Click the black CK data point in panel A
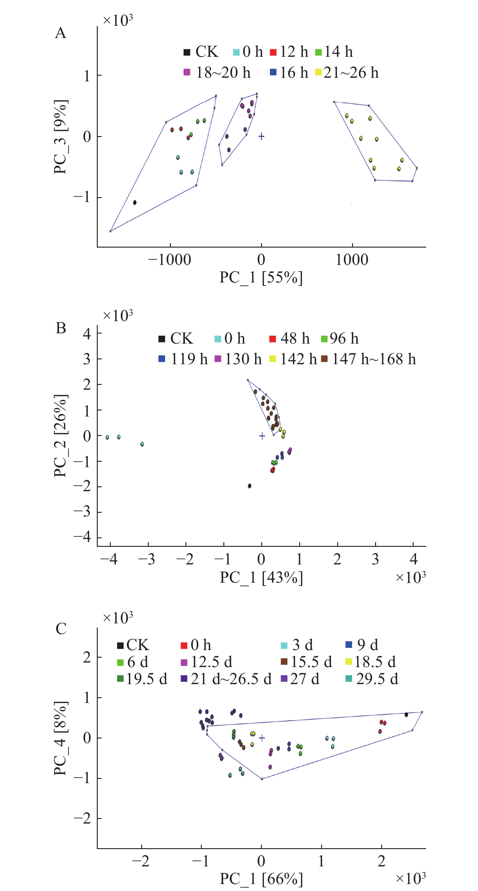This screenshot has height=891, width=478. coord(135,202)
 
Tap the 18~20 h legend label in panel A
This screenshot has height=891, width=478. coord(223,73)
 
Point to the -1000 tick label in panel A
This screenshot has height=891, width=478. coord(169,259)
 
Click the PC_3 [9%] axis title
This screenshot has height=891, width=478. coord(60,137)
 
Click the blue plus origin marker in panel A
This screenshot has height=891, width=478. coord(262,136)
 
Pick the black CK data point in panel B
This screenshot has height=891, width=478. coord(249,486)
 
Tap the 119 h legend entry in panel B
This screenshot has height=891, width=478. coord(183,359)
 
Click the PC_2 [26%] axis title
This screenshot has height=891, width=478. coord(60,436)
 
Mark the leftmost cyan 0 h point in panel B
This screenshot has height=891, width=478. coord(107,437)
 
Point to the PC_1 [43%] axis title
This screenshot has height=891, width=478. coord(261,577)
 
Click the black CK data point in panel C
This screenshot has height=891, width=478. coord(406,715)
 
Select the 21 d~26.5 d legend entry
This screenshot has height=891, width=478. coord(226,679)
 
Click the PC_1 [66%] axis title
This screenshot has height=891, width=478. coord(261,879)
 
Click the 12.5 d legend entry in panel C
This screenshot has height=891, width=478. coord(206,662)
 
